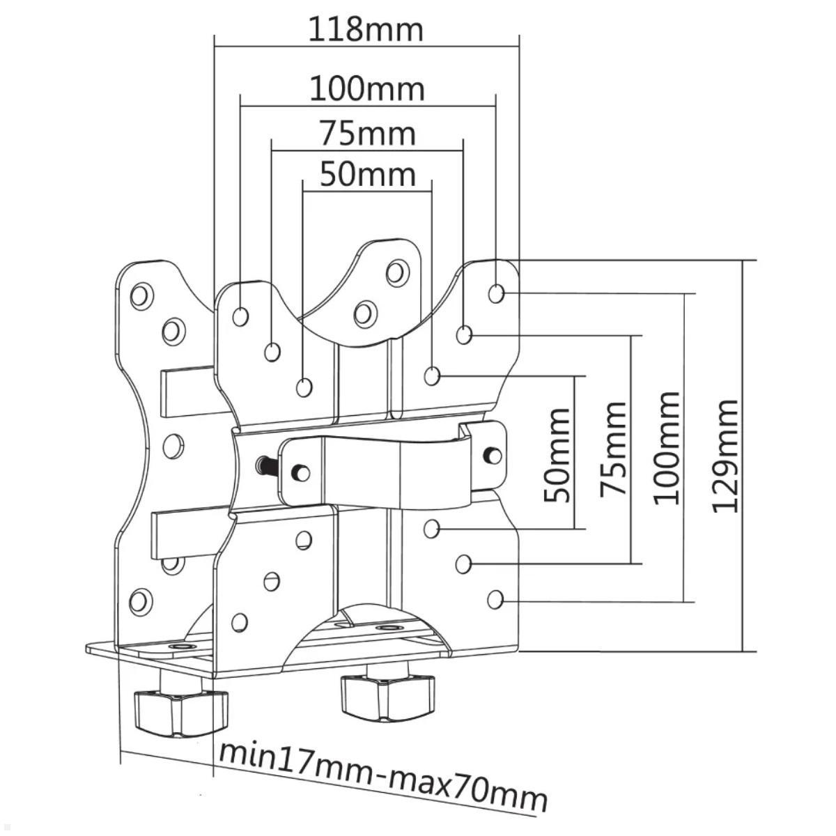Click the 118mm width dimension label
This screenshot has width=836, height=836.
pyautogui.click(x=366, y=29)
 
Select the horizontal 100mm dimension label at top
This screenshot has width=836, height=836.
pyautogui.click(x=366, y=89)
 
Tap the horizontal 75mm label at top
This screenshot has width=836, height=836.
pyautogui.click(x=367, y=133)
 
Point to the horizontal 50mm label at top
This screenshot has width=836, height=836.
pyautogui.click(x=367, y=174)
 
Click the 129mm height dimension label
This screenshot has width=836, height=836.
pyautogui.click(x=726, y=456)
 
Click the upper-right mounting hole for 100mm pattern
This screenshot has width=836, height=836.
pyautogui.click(x=496, y=293)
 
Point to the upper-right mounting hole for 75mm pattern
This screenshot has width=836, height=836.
pyautogui.click(x=464, y=336)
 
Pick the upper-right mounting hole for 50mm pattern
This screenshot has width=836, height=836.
pyautogui.click(x=433, y=377)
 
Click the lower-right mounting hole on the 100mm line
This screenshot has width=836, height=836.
pyautogui.click(x=495, y=598)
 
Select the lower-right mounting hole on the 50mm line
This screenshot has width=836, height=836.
pyautogui.click(x=433, y=529)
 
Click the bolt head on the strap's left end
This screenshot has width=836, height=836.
pyautogui.click(x=301, y=472)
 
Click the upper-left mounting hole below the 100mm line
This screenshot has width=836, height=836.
pyautogui.click(x=240, y=317)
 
